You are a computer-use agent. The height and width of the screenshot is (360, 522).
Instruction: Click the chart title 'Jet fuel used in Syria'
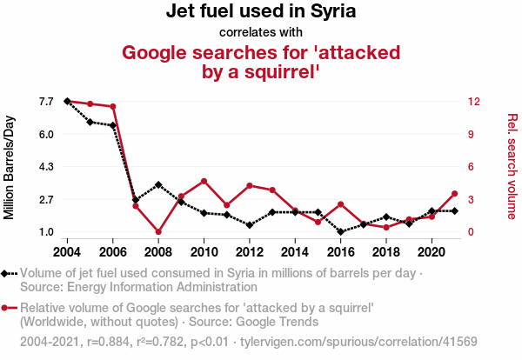coord(261,12)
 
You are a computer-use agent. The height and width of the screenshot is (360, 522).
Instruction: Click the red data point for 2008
coord(158,231)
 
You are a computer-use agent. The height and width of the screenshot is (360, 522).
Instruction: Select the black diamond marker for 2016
coord(340,231)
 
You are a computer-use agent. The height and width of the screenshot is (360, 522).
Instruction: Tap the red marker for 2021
coord(454,193)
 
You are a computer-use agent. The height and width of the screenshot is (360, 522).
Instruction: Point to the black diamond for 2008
coord(158,185)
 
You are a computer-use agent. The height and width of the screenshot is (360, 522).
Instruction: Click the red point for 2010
coord(204,181)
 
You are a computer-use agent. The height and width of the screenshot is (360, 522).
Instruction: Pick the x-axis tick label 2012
coord(249,251)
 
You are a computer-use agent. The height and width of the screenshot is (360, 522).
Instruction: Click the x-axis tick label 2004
coord(67,251)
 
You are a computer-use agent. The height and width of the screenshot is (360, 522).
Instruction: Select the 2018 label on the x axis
coord(385,251)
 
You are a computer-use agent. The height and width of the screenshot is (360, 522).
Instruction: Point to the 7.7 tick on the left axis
coord(46,102)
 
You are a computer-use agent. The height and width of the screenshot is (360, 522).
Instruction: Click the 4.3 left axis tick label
coord(46,166)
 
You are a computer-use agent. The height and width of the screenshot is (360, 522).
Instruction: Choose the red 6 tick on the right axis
coord(470,166)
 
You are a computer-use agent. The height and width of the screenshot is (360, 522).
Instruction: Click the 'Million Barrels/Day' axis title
coord(10,166)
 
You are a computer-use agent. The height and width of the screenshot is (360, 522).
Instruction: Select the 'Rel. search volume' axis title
coord(512,166)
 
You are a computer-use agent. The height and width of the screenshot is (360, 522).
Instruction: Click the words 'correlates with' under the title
coord(261,32)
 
